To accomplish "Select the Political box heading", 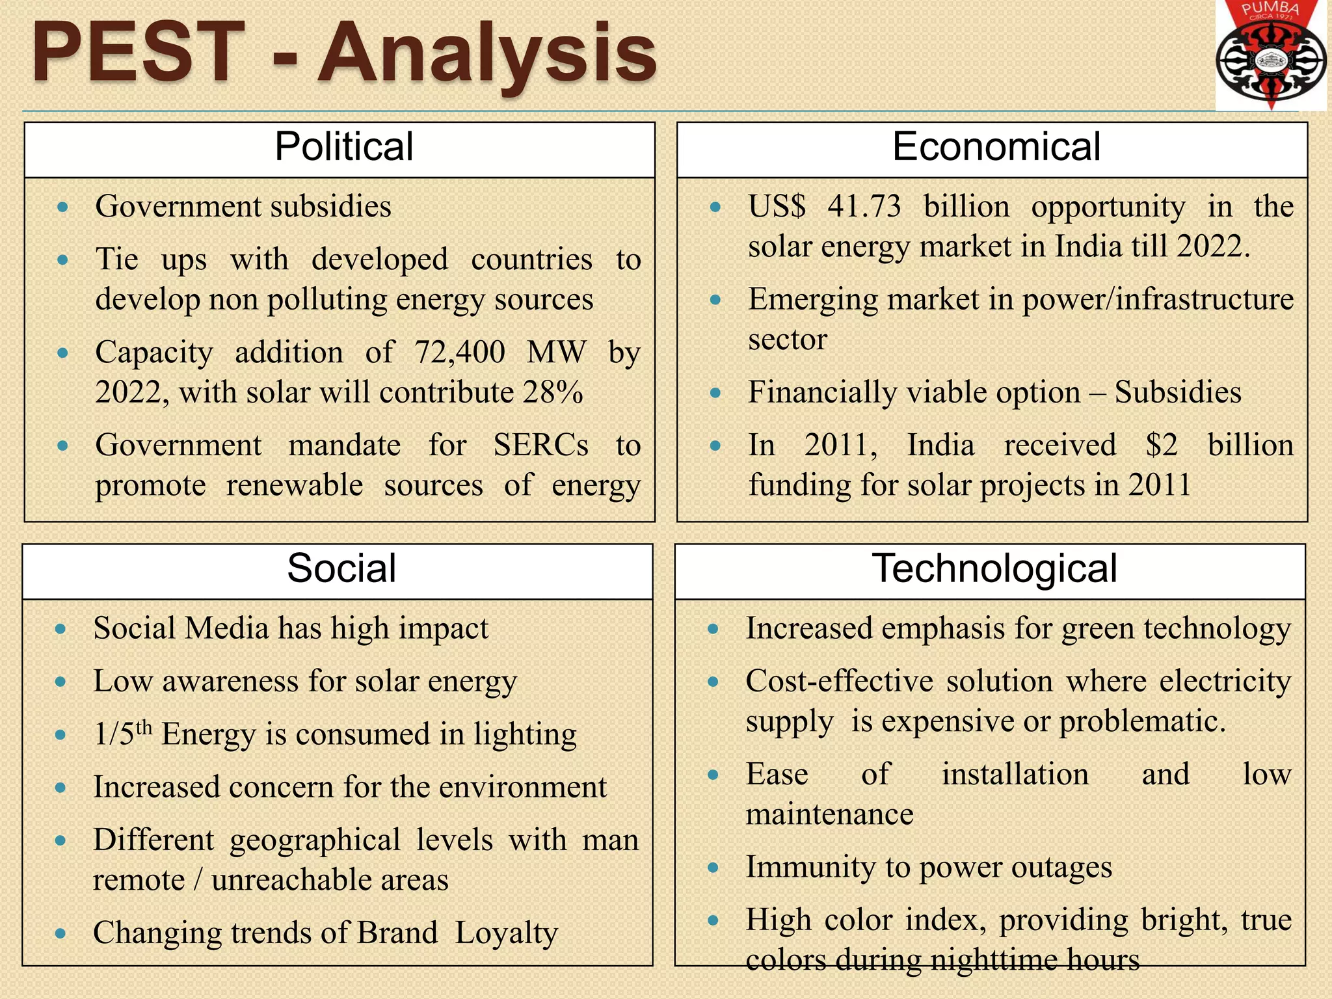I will click(x=343, y=146).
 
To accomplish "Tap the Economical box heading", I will click(x=996, y=146).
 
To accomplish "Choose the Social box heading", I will click(x=341, y=568).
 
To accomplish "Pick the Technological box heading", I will click(x=994, y=568).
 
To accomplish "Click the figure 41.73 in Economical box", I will click(x=864, y=207).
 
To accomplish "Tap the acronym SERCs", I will click(x=540, y=446).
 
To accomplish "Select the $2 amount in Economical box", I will click(x=1162, y=446).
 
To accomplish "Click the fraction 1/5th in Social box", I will click(x=123, y=734).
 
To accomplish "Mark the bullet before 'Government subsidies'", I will click(x=62, y=207).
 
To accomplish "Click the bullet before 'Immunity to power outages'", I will click(x=713, y=868).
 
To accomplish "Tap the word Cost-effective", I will click(x=839, y=682).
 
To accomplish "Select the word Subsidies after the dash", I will click(x=1178, y=392).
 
